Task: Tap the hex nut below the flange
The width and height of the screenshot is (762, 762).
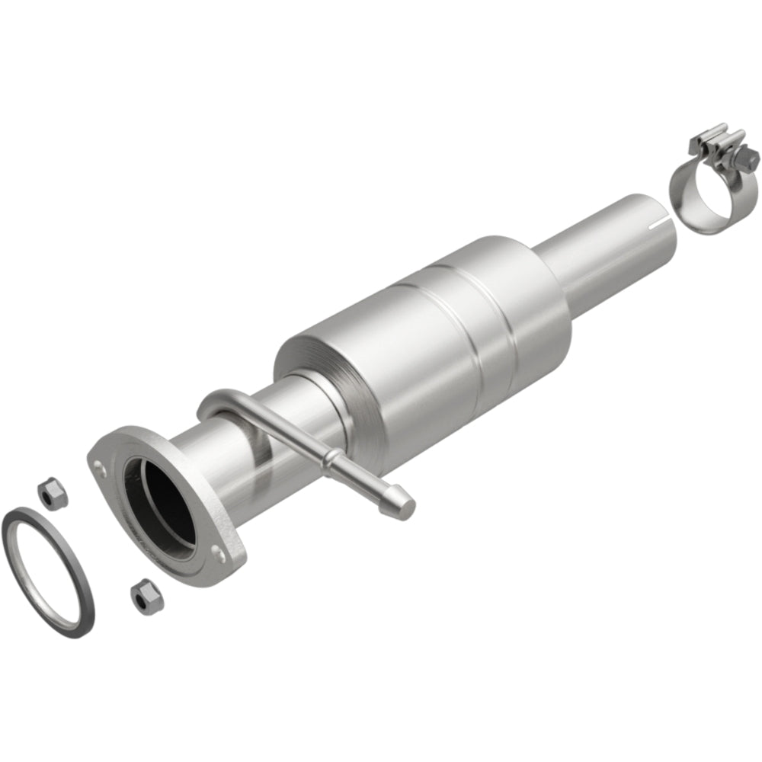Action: point(142,597)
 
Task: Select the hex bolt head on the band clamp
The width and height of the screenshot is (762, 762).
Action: point(750,160)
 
